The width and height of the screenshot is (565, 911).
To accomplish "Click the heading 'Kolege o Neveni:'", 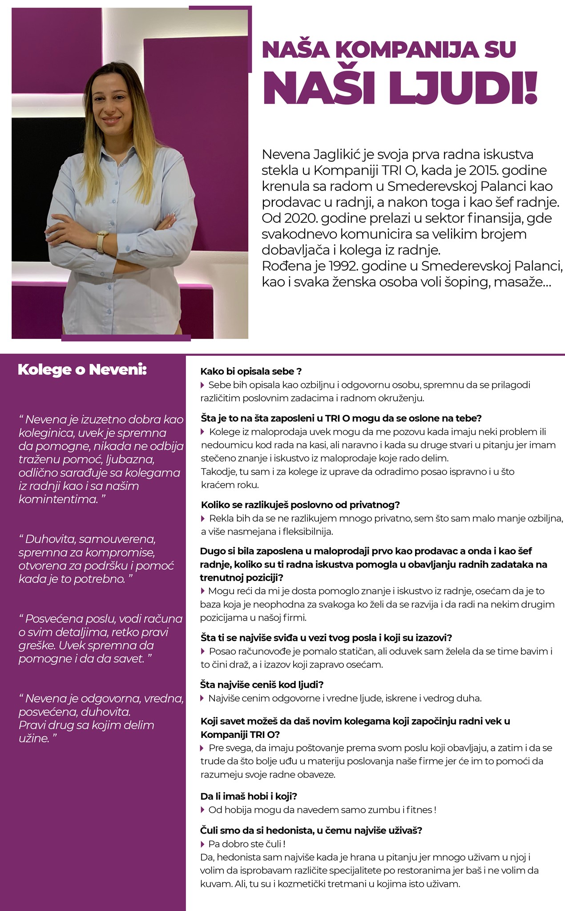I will (x=82, y=370).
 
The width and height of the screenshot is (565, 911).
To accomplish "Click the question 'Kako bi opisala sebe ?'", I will (x=251, y=371).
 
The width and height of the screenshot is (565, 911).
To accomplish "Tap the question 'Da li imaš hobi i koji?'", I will (x=249, y=796).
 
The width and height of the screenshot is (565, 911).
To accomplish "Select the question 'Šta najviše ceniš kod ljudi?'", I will (x=262, y=684).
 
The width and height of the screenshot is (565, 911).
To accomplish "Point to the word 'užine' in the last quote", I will (x=33, y=738).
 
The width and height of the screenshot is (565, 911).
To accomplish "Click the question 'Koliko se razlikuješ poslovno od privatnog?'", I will (x=301, y=505).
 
